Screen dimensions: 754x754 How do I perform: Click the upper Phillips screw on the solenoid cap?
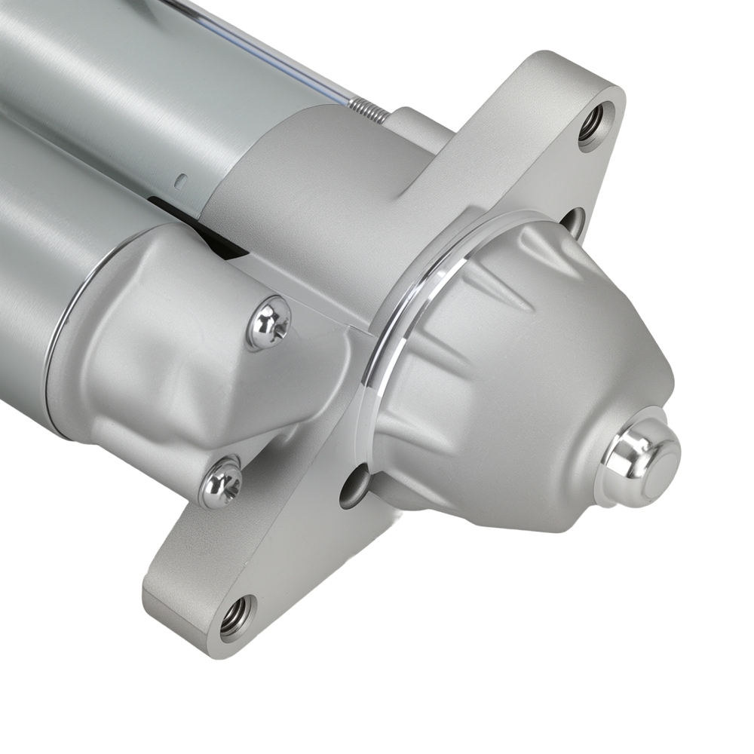pos(269,323)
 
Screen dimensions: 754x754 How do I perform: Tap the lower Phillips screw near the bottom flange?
pos(222,483)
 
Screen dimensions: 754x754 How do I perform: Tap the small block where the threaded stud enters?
pos(411,121)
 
